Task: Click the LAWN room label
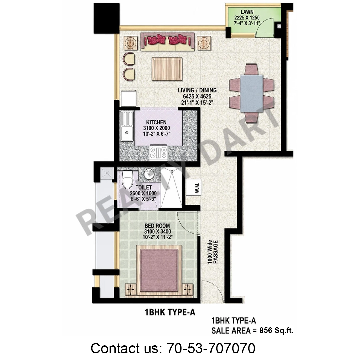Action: click(x=247, y=12)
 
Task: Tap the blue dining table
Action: click(x=251, y=93)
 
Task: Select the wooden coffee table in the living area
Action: click(x=167, y=69)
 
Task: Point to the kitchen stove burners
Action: click(x=158, y=153)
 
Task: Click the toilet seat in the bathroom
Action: click(x=127, y=180)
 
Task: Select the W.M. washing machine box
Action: click(x=194, y=187)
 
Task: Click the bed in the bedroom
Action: click(x=159, y=271)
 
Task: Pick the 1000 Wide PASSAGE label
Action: click(x=212, y=252)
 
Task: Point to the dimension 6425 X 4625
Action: click(x=197, y=97)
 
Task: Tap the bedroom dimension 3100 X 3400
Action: click(x=157, y=231)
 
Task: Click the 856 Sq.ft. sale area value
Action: click(x=276, y=331)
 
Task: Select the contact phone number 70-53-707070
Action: click(x=211, y=348)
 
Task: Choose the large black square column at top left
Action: click(x=107, y=18)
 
